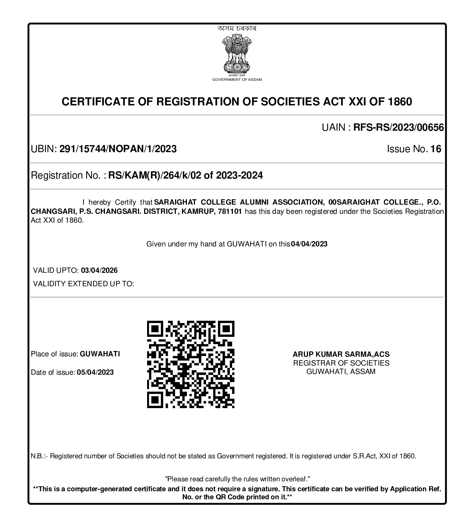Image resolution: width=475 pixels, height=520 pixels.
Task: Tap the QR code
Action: click(191, 364)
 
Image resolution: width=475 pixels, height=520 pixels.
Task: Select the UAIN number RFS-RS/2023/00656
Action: click(398, 128)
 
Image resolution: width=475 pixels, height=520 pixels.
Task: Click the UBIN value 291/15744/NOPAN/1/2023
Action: click(118, 149)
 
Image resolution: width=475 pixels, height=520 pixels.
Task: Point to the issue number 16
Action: click(436, 149)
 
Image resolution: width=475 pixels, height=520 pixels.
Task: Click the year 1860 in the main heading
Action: click(400, 102)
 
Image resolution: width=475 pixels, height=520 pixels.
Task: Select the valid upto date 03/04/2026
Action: click(99, 271)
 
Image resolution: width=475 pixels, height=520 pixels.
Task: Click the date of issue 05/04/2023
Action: click(95, 372)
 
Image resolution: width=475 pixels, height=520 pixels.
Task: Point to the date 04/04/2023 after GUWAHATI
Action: click(309, 244)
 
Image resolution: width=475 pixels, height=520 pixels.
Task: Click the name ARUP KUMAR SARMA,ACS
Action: click(341, 354)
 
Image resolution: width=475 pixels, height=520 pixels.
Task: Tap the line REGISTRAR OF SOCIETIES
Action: click(341, 363)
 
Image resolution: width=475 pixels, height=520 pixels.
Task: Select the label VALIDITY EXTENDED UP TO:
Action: click(84, 284)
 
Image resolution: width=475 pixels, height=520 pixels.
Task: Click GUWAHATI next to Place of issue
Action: click(100, 354)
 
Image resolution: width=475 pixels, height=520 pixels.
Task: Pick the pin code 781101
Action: click(229, 212)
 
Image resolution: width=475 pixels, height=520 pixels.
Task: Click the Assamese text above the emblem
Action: click(237, 28)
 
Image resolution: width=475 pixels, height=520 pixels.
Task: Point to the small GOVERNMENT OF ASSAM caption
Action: click(237, 80)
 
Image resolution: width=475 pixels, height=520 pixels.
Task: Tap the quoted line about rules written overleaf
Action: click(237, 479)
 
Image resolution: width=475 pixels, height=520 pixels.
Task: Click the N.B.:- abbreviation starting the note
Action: click(39, 456)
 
